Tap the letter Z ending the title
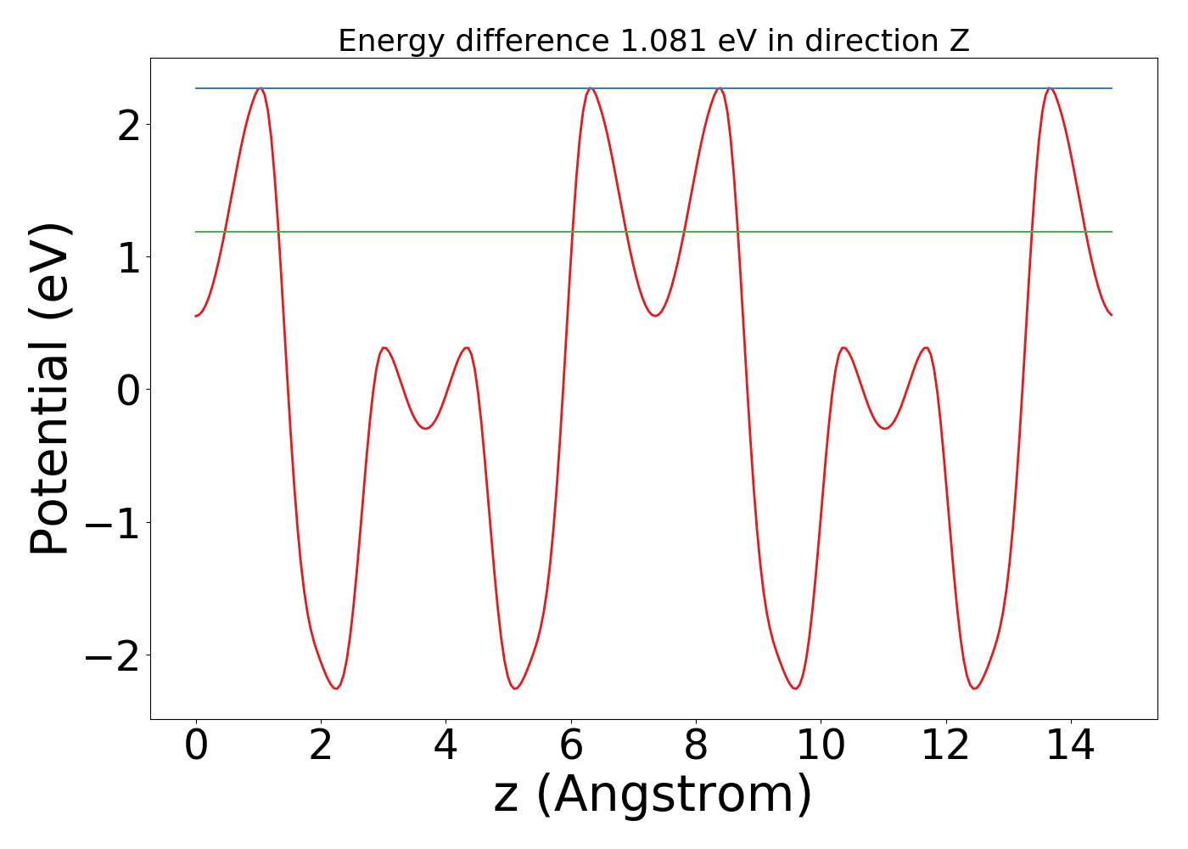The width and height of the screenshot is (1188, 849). point(960,41)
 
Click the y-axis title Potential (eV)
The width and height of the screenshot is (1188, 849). point(49,389)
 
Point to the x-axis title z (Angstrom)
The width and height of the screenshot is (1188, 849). point(653,795)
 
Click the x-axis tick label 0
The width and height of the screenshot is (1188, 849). point(196,745)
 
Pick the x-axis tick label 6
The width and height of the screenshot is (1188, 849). point(571,745)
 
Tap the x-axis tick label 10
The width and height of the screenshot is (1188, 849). point(821,745)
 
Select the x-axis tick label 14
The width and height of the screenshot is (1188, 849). point(1071,745)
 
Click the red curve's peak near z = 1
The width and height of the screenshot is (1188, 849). point(260,88)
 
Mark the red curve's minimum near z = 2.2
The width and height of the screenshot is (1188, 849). point(336,689)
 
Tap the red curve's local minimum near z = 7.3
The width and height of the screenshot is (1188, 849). point(654,316)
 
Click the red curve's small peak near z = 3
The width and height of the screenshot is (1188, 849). point(384,348)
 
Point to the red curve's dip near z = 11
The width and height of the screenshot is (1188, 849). point(885,429)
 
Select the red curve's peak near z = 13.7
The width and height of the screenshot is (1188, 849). point(1050,88)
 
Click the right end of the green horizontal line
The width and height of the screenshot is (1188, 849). point(1112,232)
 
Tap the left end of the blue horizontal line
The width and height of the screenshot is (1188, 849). point(196,88)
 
